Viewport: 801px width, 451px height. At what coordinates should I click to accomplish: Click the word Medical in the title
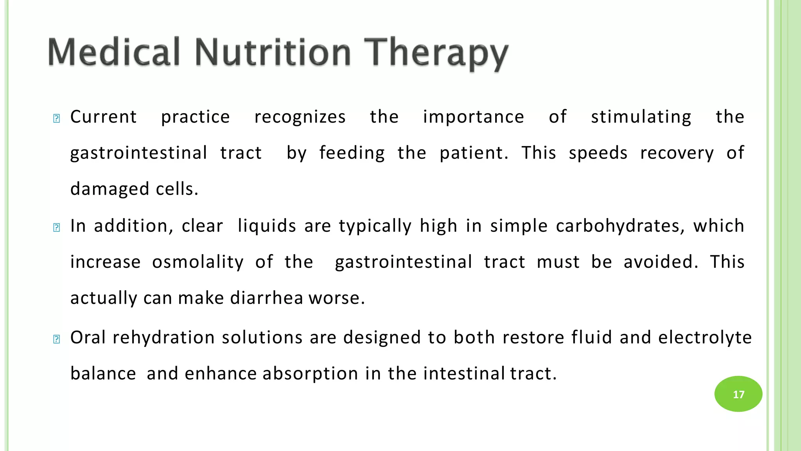point(113,52)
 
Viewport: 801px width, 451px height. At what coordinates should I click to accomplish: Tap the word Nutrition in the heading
point(273,52)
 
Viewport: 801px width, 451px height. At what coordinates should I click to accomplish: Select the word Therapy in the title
point(436,53)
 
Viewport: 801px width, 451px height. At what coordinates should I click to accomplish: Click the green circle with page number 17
point(738,394)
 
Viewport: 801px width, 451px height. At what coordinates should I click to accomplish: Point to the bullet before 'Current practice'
point(56,118)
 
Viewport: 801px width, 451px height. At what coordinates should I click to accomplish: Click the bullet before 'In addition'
point(56,227)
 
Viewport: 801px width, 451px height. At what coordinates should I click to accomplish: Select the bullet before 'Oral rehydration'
point(56,339)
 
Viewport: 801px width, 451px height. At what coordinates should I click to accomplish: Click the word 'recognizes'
point(300,117)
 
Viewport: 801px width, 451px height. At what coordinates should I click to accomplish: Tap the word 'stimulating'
point(641,117)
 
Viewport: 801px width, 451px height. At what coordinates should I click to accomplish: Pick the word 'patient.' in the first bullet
point(474,153)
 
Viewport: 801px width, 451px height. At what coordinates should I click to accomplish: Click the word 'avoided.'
point(661,262)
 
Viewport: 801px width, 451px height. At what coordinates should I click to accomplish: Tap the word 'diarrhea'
point(266,298)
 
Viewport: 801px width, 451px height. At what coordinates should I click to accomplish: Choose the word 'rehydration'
point(163,337)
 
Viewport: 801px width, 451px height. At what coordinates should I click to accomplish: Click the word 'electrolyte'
point(705,337)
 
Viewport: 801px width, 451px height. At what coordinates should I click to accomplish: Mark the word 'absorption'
point(310,373)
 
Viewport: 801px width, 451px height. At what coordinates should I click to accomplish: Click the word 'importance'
point(473,117)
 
